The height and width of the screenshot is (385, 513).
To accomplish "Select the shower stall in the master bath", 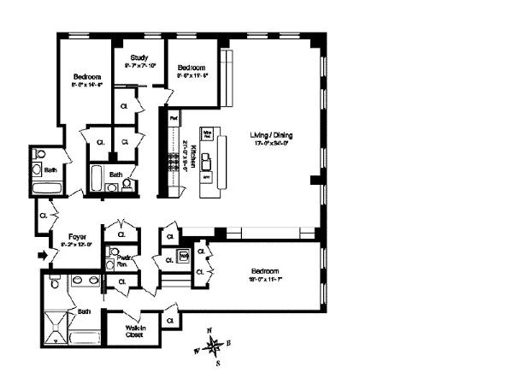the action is (x=56, y=328).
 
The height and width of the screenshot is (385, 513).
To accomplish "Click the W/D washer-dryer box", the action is (x=184, y=256).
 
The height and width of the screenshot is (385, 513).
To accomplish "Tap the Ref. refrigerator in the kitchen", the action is (x=174, y=117).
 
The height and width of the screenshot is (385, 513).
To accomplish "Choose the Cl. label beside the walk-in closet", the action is (x=171, y=320).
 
